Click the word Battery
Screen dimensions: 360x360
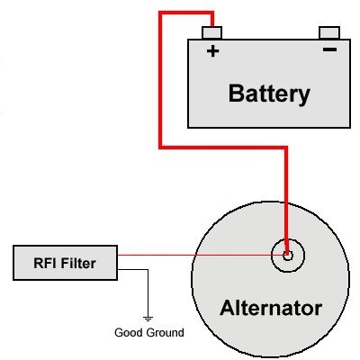269,93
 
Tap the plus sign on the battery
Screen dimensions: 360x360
213,51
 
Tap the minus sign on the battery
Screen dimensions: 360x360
330,51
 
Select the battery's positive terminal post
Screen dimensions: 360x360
213,33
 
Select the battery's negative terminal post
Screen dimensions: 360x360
331,33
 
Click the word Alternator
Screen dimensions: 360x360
271,309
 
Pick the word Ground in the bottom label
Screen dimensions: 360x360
166,333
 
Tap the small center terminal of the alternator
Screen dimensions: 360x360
287,255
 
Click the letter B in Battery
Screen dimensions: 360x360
236,93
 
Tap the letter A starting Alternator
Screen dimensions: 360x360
227,309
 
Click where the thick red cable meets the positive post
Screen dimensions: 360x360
212,27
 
